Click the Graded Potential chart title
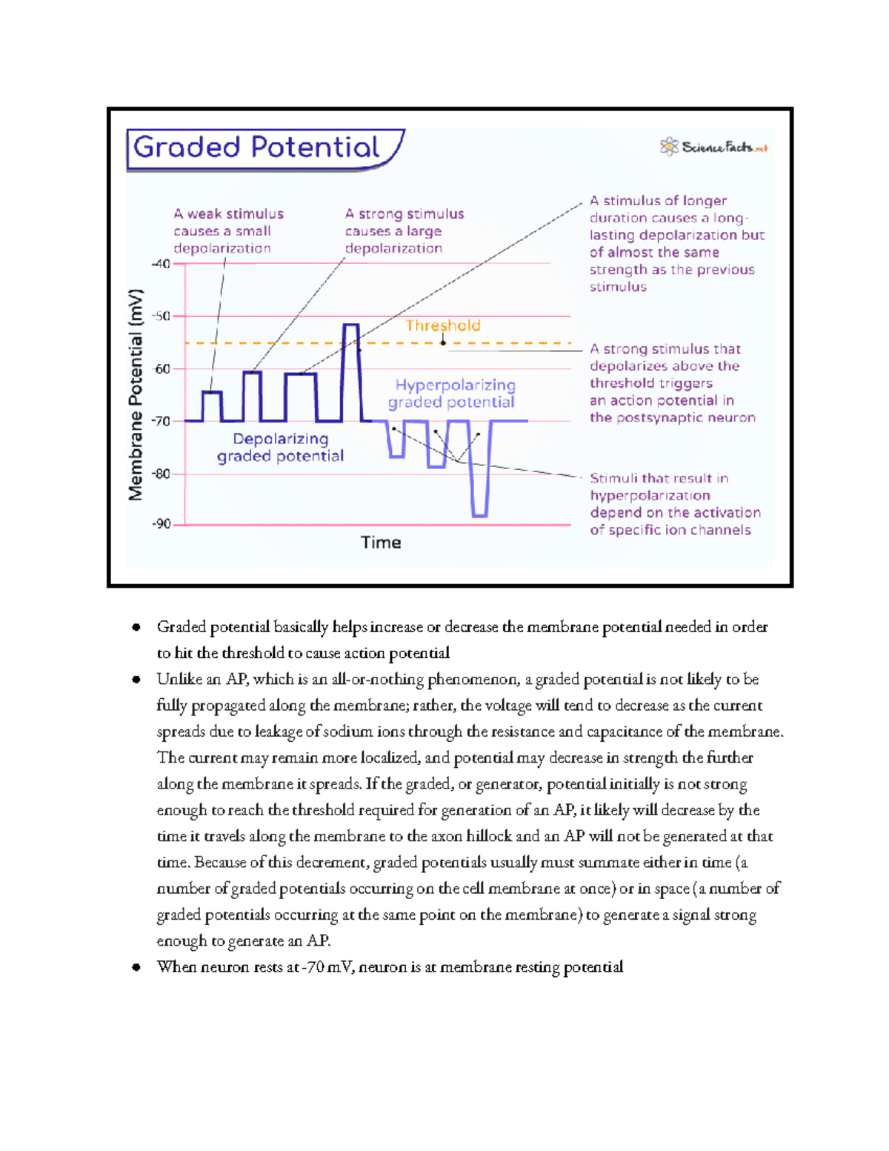(x=256, y=147)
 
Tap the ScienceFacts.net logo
(x=714, y=147)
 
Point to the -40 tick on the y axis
(x=161, y=264)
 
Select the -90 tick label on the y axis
(x=161, y=524)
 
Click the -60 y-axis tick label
(x=161, y=368)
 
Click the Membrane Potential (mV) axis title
(x=136, y=394)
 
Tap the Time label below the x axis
(x=381, y=543)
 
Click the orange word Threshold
(x=443, y=325)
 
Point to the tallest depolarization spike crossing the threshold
(x=351, y=371)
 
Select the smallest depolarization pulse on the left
(x=212, y=406)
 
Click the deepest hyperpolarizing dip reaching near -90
(x=480, y=474)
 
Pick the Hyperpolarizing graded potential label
(x=453, y=394)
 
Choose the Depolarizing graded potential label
(x=280, y=447)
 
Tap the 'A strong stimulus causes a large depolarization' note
(x=404, y=230)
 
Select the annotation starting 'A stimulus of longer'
(x=676, y=243)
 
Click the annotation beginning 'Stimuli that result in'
(x=674, y=504)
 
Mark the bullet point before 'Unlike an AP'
(x=136, y=680)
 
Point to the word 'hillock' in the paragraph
(x=486, y=836)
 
